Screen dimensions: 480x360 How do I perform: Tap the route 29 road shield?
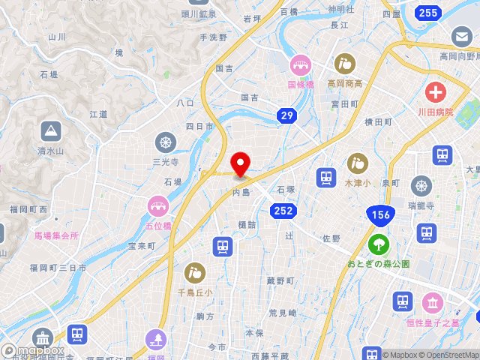click(x=286, y=115)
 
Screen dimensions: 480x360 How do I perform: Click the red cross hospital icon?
click(x=435, y=93)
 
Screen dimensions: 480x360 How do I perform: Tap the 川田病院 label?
click(x=434, y=112)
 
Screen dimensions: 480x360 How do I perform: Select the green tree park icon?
click(x=379, y=244)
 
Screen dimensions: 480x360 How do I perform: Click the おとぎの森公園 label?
click(x=379, y=263)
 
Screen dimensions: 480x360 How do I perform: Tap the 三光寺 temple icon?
click(x=165, y=142)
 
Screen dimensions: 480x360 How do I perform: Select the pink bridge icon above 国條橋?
click(x=301, y=65)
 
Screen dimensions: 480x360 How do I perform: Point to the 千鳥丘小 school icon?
click(x=194, y=271)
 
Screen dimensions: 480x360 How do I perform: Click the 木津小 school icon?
click(x=358, y=162)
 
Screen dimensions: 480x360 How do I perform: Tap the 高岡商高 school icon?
click(x=345, y=64)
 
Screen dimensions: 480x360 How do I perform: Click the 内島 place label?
click(x=241, y=192)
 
